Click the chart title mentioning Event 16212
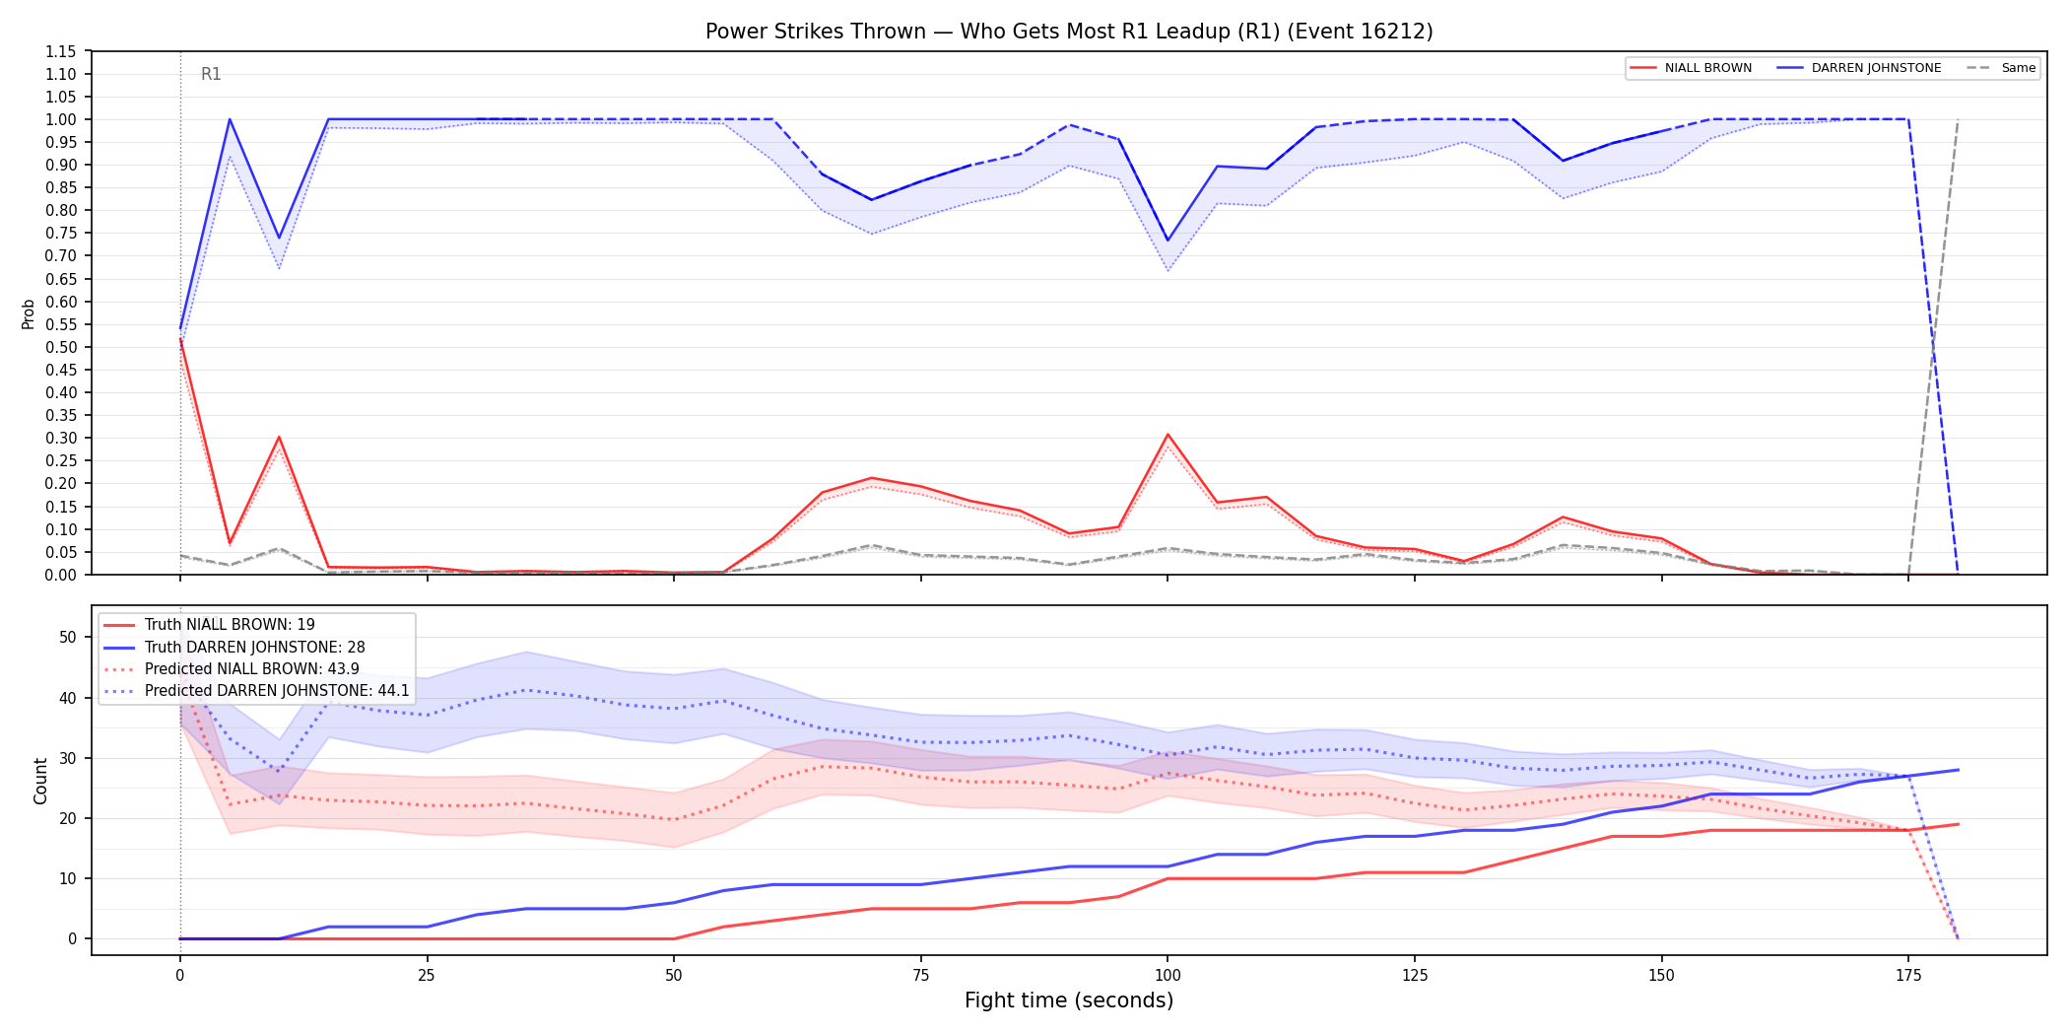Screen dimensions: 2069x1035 [x=1069, y=32]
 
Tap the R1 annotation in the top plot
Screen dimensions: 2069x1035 [x=211, y=74]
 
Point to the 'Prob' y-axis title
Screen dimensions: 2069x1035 [x=28, y=313]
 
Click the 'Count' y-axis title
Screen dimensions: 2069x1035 [x=40, y=781]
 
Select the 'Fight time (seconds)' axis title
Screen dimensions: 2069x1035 [x=1069, y=1000]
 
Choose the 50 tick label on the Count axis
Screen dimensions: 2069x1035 [x=67, y=637]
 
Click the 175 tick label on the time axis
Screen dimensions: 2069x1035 [x=1908, y=976]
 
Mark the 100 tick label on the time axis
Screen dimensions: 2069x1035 [x=1168, y=976]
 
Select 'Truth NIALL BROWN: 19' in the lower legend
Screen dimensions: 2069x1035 [x=230, y=625]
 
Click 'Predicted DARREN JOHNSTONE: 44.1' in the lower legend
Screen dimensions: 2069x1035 [x=277, y=691]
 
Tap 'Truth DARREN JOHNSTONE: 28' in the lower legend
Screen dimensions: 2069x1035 [x=254, y=648]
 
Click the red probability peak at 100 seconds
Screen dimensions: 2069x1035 [x=1168, y=435]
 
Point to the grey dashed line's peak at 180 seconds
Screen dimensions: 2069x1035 [x=1958, y=120]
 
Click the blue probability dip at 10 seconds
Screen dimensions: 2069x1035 [x=279, y=239]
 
